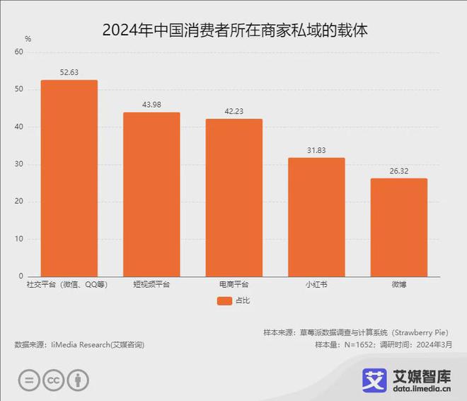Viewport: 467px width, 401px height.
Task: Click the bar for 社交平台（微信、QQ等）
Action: point(69,178)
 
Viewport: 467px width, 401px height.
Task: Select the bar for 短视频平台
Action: point(151,194)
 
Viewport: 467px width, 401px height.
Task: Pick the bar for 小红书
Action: point(316,217)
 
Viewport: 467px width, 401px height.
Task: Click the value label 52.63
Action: point(69,72)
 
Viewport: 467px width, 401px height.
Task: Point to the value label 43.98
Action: point(151,105)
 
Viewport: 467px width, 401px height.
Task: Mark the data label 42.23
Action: point(234,111)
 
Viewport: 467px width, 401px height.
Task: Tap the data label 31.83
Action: point(316,150)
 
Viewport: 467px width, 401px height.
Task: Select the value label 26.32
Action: point(399,171)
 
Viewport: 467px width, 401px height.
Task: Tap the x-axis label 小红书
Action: point(316,285)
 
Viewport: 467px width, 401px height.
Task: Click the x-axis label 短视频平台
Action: point(151,285)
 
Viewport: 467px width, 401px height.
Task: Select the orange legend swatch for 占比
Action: point(225,301)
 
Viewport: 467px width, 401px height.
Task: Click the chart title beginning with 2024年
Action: point(234,30)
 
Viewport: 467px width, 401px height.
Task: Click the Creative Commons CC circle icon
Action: point(53,380)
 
